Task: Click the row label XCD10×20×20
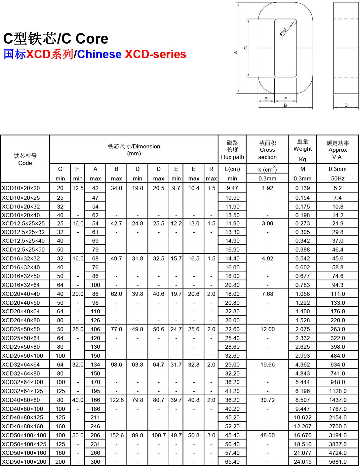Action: (21, 188)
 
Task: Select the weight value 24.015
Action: (302, 462)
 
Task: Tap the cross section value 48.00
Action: (267, 435)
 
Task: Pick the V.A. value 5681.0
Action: (338, 462)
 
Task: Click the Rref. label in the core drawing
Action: (284, 31)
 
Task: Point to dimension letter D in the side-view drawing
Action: (346, 105)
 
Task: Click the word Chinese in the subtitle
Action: (99, 54)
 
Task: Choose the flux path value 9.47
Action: (232, 188)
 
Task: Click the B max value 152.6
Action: (116, 435)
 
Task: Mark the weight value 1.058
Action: (302, 294)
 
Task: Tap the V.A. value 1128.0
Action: (338, 391)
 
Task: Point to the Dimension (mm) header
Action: (134, 150)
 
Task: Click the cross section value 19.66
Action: (267, 365)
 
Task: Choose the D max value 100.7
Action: (159, 435)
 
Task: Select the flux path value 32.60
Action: (232, 356)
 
